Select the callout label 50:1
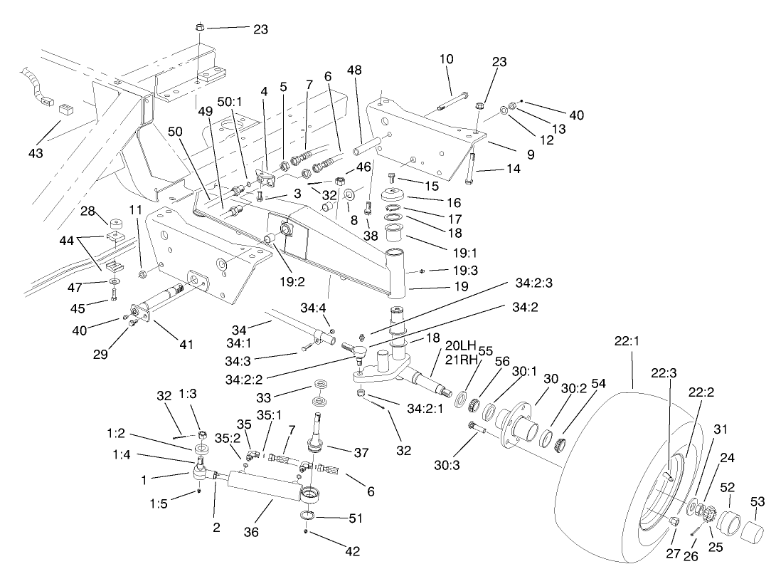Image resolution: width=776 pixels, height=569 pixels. point(229,103)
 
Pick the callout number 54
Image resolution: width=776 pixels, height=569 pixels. point(598,383)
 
